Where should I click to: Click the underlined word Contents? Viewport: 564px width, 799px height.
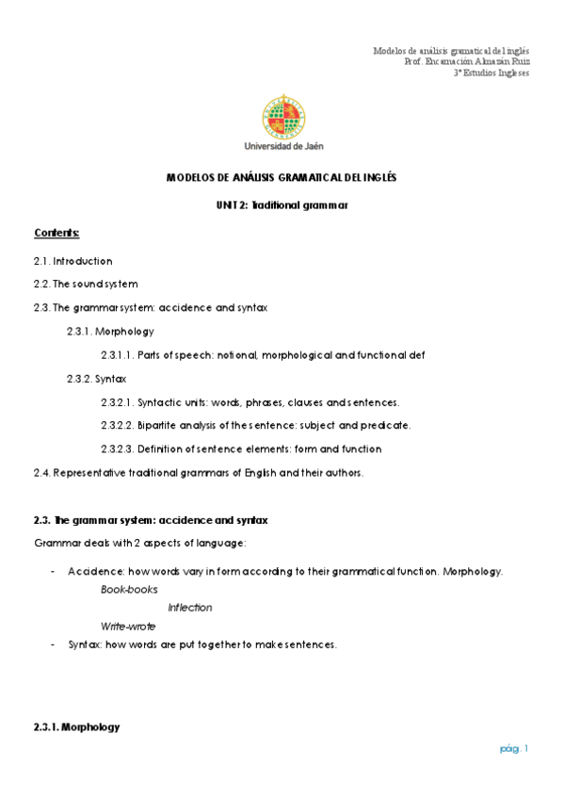pos(56,232)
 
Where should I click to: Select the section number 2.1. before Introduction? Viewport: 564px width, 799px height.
pos(42,261)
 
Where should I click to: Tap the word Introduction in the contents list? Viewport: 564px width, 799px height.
pos(83,261)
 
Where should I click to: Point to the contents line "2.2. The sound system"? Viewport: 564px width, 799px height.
pos(86,284)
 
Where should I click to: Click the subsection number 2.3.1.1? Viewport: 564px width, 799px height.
pos(119,355)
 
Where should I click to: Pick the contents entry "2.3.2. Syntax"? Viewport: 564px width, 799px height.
pos(96,379)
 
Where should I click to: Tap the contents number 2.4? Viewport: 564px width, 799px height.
pos(41,472)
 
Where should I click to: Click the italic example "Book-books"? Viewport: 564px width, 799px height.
pos(129,589)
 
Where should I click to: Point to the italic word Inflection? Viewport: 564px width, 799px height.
pos(190,608)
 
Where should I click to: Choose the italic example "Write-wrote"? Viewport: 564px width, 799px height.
pos(128,627)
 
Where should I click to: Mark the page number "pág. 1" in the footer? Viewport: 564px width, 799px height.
pos(515,748)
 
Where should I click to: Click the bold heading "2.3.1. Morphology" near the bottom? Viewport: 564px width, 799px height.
pos(76,727)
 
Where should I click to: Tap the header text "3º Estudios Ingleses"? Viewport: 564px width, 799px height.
pos(491,73)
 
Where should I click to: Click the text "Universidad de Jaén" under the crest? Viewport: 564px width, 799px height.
pos(282,146)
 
